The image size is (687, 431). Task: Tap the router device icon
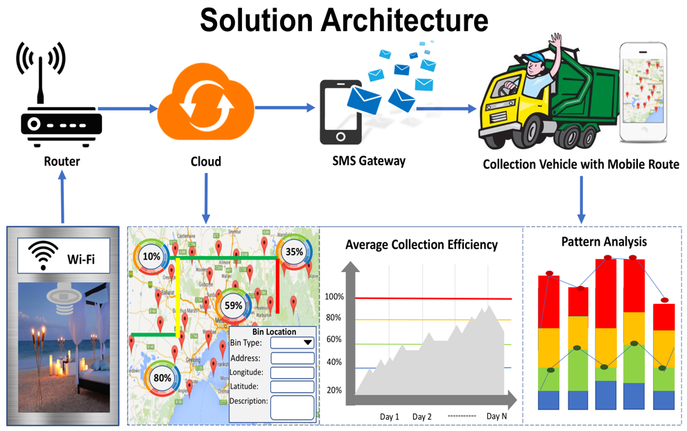tap(61, 124)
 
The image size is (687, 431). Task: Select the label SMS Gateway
tap(368, 160)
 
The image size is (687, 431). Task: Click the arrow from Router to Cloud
tap(128, 108)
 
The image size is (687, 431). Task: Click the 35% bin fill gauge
tap(295, 252)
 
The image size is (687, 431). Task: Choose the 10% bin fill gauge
tap(152, 256)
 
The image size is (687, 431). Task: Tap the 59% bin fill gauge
tap(234, 305)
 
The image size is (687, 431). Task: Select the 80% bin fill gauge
tap(162, 378)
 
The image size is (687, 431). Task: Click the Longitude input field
tap(292, 373)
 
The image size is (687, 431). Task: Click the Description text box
tap(292, 407)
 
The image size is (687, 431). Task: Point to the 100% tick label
tap(334, 297)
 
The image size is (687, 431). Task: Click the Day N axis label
tap(497, 416)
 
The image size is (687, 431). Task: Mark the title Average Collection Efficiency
tap(421, 244)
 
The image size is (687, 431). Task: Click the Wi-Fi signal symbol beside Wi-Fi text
tap(43, 257)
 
